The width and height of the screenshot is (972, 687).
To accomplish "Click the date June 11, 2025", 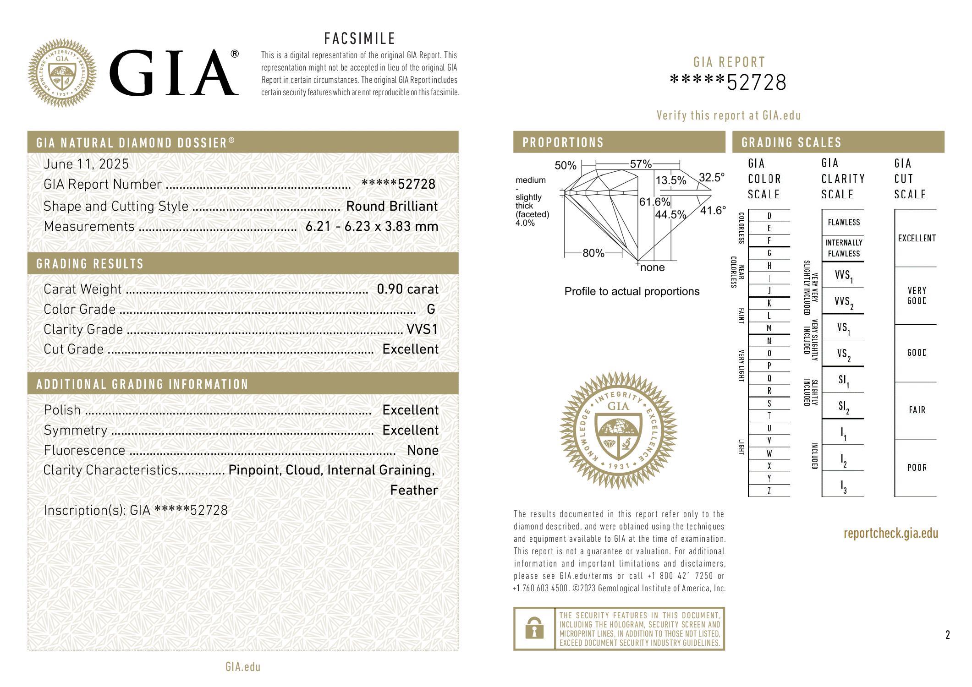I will click(86, 164).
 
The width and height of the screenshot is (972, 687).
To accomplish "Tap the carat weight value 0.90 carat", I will click(407, 289).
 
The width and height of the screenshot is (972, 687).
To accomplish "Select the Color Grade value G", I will click(431, 309).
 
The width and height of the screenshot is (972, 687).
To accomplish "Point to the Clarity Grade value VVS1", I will click(422, 329).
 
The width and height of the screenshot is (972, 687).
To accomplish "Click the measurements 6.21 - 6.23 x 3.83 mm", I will click(372, 226).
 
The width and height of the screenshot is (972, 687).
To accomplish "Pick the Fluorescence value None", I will click(423, 450).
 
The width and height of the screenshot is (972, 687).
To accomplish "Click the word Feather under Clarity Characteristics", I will click(414, 490).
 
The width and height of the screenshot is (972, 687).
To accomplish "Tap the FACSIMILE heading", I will click(360, 38).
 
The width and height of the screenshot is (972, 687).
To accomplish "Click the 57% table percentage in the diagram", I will click(641, 164).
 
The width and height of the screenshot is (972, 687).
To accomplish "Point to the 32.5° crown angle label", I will click(712, 178).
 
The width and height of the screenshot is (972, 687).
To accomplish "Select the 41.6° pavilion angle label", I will click(713, 211).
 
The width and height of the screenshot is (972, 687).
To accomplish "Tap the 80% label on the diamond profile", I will click(593, 253).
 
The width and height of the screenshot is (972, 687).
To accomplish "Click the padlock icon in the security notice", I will click(534, 628).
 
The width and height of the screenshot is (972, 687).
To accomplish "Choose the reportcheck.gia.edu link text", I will click(890, 533).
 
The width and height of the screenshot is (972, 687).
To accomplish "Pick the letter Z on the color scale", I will click(769, 491).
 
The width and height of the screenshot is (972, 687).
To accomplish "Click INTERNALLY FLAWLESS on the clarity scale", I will click(844, 248).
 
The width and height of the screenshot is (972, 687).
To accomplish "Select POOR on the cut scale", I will click(917, 468).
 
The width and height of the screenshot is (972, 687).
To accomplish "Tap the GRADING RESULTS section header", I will click(90, 264).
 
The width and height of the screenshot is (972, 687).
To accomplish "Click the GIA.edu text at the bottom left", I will click(243, 667).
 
